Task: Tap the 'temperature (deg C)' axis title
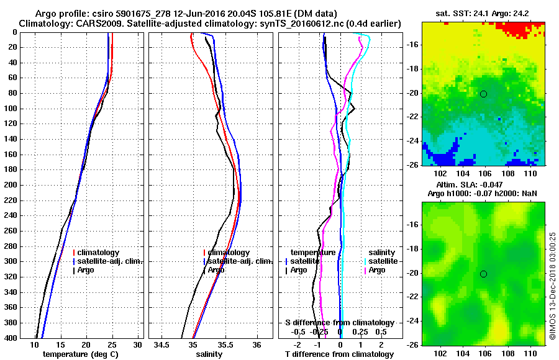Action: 80,354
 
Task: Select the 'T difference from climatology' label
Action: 340,354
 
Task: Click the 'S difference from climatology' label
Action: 340,323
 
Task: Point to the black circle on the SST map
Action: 483,94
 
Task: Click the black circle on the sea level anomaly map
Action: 483,274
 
